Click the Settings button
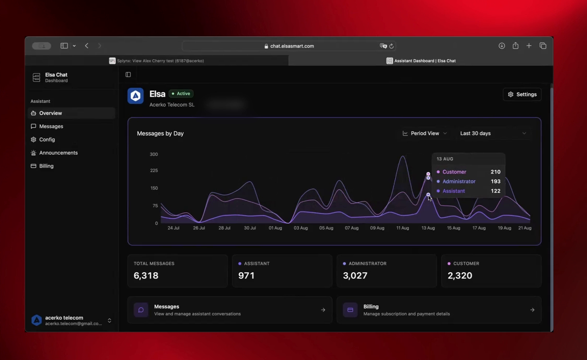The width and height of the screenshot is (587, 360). (522, 95)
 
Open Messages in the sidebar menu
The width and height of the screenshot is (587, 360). (51, 126)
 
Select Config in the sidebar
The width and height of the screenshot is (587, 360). (47, 140)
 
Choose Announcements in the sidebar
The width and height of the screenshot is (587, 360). (58, 153)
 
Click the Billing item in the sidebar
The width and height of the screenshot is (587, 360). (46, 166)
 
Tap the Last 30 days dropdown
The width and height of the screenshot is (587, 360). (493, 133)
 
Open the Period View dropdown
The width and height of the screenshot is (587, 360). (424, 133)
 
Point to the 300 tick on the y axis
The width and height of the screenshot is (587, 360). (153, 154)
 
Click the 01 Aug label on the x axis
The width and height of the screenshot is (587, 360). (275, 228)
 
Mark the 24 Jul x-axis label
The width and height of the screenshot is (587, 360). (174, 228)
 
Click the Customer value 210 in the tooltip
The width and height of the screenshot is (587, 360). (495, 172)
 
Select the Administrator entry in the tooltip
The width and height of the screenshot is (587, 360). (459, 181)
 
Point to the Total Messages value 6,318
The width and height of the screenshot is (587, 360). (146, 275)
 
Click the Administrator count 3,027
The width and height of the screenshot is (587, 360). (355, 275)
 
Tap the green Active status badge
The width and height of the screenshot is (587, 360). (181, 94)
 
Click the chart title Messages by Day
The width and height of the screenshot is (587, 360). (160, 134)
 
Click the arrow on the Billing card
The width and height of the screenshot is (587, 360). (532, 310)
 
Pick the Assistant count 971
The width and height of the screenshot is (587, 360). (246, 275)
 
